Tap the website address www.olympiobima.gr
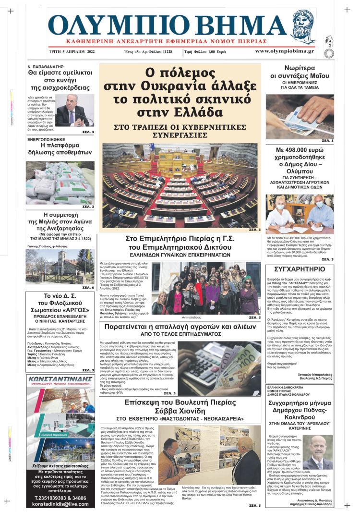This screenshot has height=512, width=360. pos(284,51)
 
